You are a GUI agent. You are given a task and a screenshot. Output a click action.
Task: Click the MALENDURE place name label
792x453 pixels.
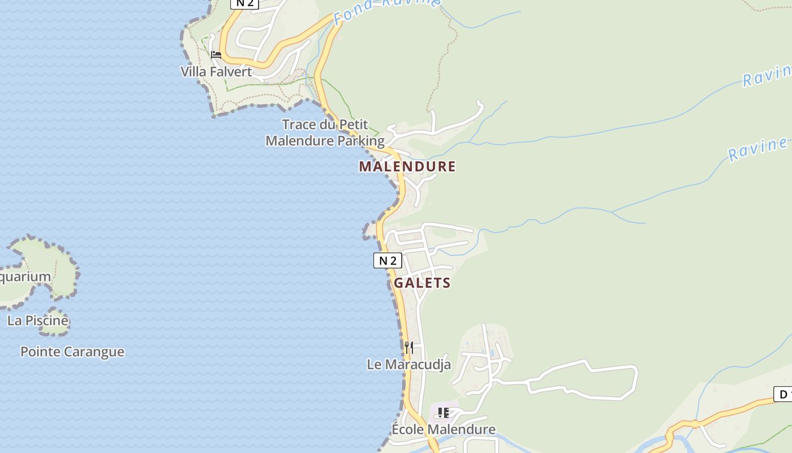pyautogui.click(x=407, y=166)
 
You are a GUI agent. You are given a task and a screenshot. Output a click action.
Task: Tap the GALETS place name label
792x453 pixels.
pyautogui.click(x=422, y=283)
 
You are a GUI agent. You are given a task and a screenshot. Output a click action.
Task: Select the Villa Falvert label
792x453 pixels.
pyautogui.click(x=216, y=72)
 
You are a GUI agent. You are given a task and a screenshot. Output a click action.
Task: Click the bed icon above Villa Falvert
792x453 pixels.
pyautogui.click(x=216, y=55)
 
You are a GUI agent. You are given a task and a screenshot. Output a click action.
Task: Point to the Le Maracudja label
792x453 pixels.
pyautogui.click(x=408, y=365)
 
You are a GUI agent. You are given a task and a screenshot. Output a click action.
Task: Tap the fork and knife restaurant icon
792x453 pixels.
pyautogui.click(x=408, y=347)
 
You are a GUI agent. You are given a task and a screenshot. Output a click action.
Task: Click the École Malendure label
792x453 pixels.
pyautogui.click(x=444, y=430)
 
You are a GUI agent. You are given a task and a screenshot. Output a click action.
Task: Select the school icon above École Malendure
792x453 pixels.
pyautogui.click(x=444, y=413)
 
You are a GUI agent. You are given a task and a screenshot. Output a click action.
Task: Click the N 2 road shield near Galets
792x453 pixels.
pyautogui.click(x=388, y=260)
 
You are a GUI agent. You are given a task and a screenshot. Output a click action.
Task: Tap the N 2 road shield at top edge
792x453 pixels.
pyautogui.click(x=244, y=3)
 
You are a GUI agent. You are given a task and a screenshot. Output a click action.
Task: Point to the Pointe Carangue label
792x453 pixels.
pyautogui.click(x=72, y=352)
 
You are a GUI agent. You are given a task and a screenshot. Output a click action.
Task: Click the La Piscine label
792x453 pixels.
pyautogui.click(x=38, y=320)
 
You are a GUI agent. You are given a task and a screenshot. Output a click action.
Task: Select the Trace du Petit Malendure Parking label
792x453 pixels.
pyautogui.click(x=325, y=133)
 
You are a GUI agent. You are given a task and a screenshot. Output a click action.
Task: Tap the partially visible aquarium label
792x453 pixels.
pyautogui.click(x=25, y=277)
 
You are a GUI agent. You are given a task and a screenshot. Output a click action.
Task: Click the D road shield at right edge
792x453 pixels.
pyautogui.click(x=783, y=394)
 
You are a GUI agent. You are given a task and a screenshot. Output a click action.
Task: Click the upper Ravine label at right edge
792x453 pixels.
pyautogui.click(x=767, y=76)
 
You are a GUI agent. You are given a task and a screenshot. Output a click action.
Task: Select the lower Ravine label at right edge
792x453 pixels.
pyautogui.click(x=758, y=149)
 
